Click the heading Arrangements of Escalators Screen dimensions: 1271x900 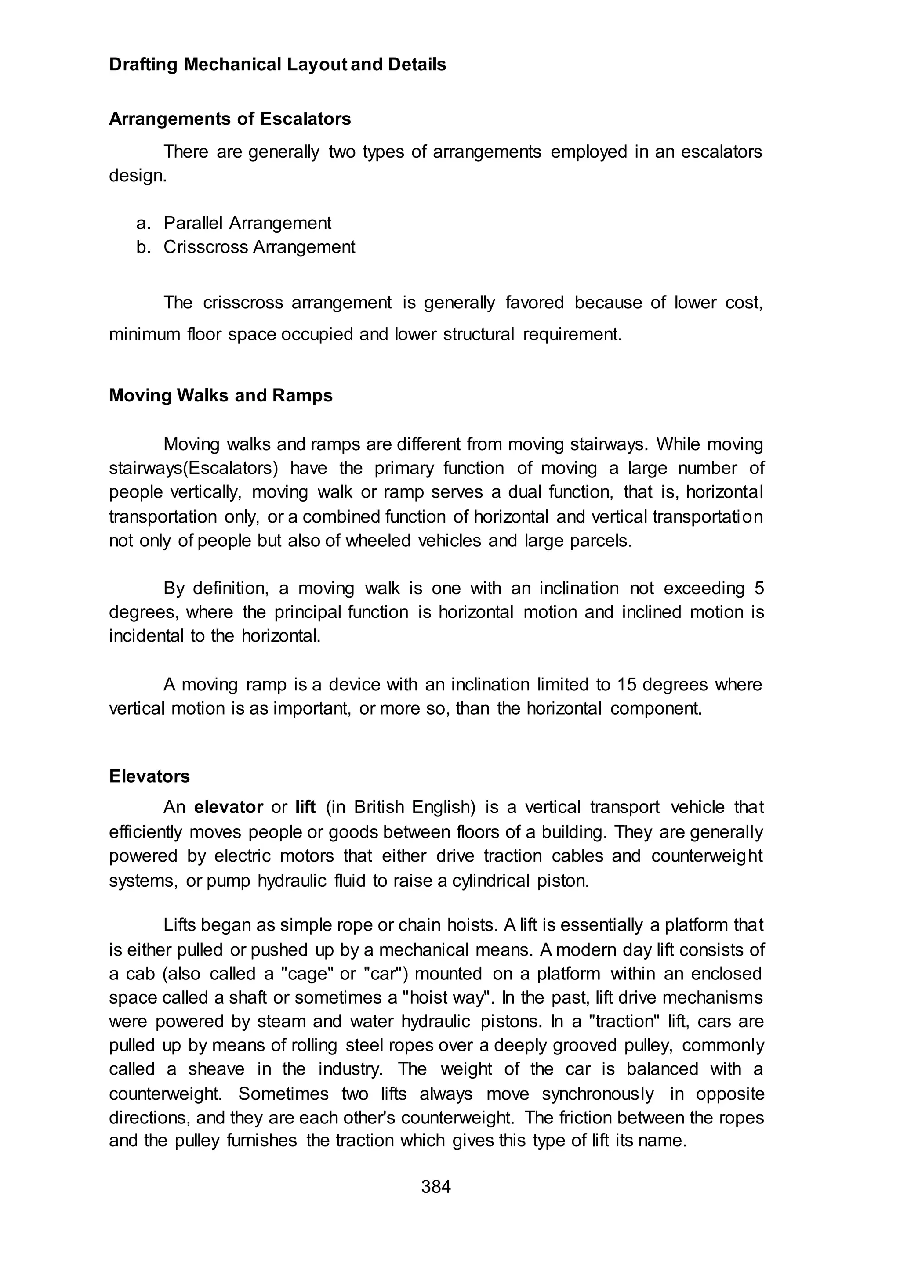pyautogui.click(x=230, y=119)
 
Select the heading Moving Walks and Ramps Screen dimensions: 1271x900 pyautogui.click(x=221, y=395)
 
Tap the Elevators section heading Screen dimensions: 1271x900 pyautogui.click(x=149, y=776)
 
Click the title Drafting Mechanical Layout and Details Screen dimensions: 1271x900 pyautogui.click(x=277, y=65)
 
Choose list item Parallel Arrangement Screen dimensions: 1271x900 pyautogui.click(x=247, y=223)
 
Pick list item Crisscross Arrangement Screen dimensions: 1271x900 pyautogui.click(x=259, y=247)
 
